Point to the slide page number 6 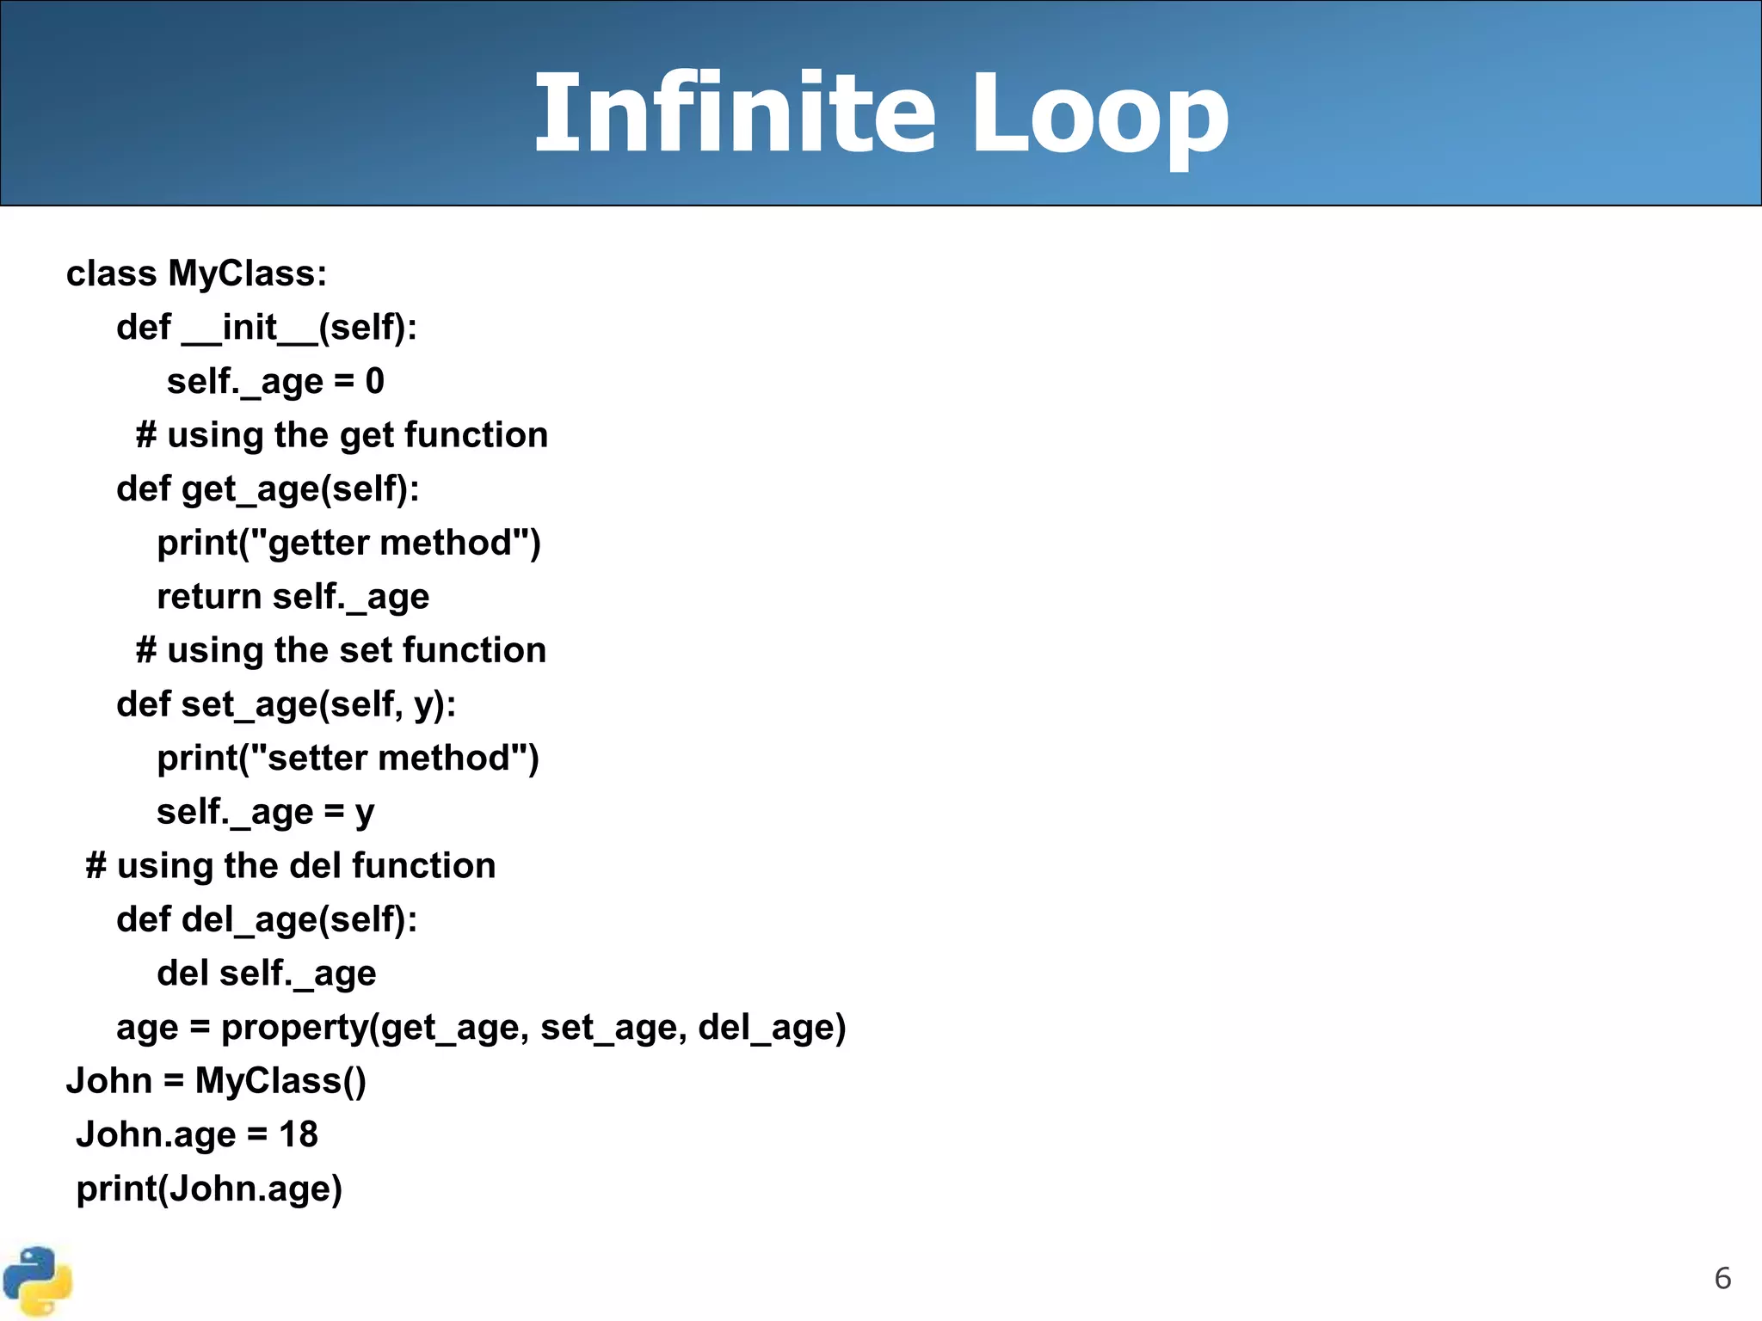pos(1722,1278)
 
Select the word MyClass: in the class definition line pos(248,273)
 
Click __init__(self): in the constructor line pos(299,328)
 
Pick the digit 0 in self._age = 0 pos(374,381)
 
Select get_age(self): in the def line pos(300,489)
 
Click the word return pos(209,597)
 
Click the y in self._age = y pos(365,813)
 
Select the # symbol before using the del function pos(95,866)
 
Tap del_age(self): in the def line pos(299,920)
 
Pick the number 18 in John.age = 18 pos(299,1135)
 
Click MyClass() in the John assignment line pos(280,1081)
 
